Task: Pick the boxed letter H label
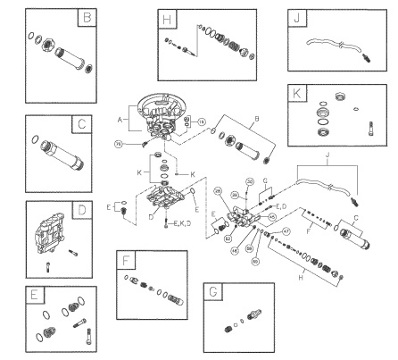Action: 167,19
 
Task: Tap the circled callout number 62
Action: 228,239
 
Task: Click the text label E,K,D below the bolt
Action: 185,221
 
